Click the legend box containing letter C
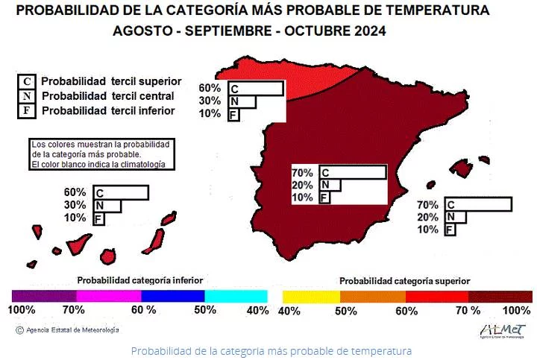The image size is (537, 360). click(x=27, y=81)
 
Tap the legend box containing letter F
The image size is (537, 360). click(x=27, y=111)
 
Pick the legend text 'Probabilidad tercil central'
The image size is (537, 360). click(x=108, y=96)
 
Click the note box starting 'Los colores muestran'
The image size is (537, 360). click(x=101, y=154)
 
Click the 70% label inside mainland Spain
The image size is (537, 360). click(x=301, y=173)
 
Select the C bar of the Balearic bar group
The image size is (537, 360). click(x=477, y=204)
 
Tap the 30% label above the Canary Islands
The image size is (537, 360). click(x=75, y=205)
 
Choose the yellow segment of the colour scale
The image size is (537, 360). click(x=309, y=296)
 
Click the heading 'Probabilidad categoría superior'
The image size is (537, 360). click(x=404, y=281)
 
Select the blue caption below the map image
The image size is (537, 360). click(x=271, y=350)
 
